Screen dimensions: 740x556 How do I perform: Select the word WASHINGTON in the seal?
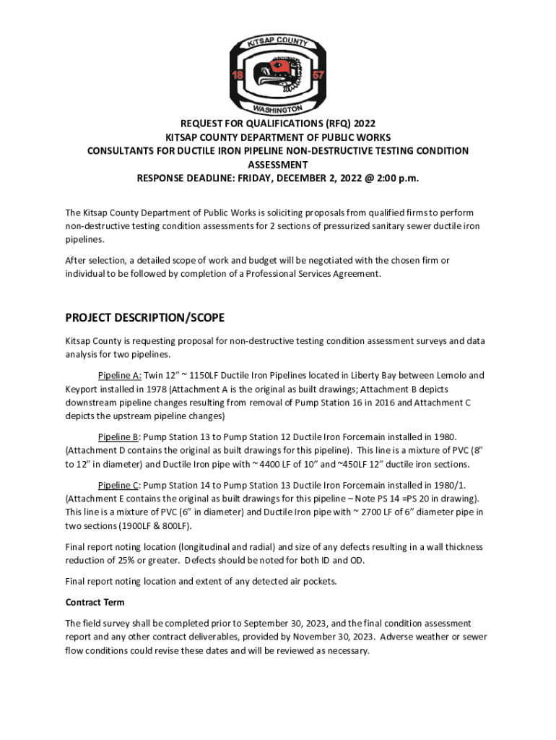278,108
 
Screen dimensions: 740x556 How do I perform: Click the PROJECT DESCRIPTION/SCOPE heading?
145,318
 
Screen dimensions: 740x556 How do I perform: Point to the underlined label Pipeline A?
120,375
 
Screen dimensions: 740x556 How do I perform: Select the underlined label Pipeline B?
118,436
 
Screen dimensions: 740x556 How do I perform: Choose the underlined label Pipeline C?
118,485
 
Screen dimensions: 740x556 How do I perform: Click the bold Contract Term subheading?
95,602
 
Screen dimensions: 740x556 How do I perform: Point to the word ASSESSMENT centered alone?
278,164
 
